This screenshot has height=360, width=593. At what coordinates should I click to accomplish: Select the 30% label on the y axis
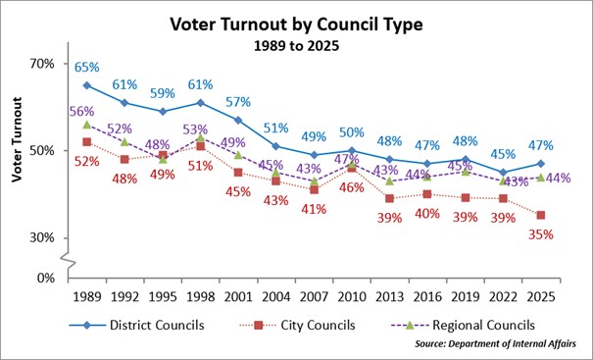42,237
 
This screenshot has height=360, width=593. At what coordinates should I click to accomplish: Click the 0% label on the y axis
46,278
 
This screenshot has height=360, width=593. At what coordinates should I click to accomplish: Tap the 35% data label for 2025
541,234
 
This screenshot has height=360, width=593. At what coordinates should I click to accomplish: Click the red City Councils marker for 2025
540,215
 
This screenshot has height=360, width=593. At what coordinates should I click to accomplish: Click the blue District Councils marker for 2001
237,120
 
